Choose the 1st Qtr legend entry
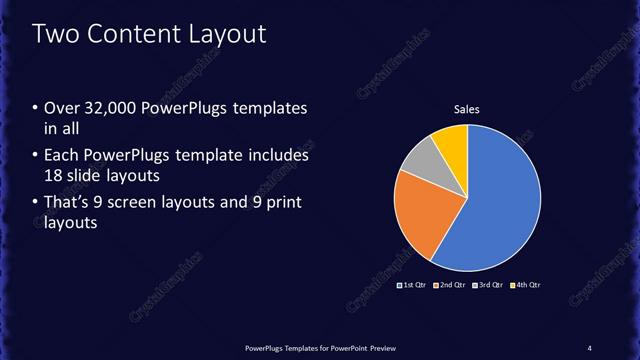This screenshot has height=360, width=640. click(412, 285)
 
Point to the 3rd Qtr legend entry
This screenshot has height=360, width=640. click(489, 285)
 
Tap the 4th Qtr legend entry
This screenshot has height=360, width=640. click(527, 285)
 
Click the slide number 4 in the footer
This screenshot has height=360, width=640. click(590, 347)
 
